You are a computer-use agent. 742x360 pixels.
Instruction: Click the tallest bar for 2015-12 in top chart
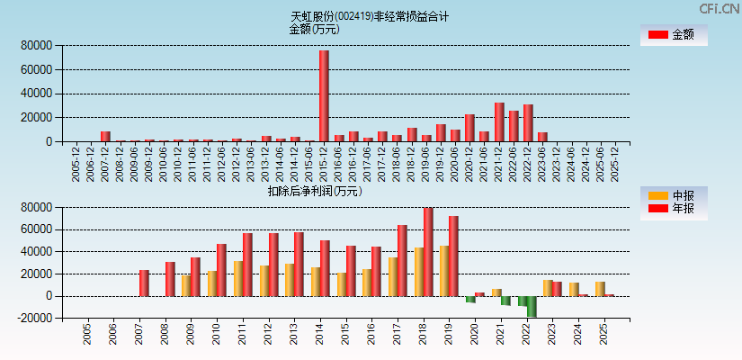click(324, 95)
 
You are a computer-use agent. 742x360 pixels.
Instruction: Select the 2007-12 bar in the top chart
click(105, 136)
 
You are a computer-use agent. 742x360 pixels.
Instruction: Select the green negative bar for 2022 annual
click(532, 306)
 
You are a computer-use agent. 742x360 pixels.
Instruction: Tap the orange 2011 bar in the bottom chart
click(238, 278)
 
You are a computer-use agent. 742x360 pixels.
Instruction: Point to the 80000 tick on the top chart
click(37, 45)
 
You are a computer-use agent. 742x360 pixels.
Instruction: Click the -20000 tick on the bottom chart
click(35, 319)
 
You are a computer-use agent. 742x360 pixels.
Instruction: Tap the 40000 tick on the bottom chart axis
click(37, 251)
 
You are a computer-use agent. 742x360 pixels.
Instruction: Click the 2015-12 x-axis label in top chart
click(324, 164)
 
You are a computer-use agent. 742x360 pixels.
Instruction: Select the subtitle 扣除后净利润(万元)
click(314, 191)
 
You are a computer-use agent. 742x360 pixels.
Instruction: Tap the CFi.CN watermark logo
click(719, 8)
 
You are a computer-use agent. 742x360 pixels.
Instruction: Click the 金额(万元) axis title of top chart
click(314, 29)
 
